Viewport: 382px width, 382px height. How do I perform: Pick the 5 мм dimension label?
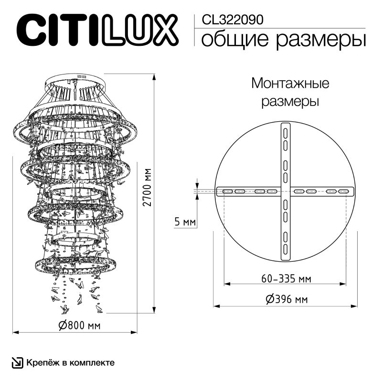point(185,222)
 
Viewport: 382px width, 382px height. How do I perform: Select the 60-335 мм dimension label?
point(284,278)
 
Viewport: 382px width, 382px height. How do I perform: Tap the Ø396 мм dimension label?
point(286,299)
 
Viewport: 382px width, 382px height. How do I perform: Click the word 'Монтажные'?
point(290,84)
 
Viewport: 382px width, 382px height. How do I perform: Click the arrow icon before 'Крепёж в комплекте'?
point(17,363)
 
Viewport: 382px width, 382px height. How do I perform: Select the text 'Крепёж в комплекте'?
point(70,363)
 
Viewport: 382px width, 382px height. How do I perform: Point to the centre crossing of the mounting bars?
point(286,191)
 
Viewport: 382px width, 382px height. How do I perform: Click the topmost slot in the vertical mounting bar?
point(286,131)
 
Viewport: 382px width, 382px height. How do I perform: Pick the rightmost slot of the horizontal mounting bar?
point(343,191)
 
